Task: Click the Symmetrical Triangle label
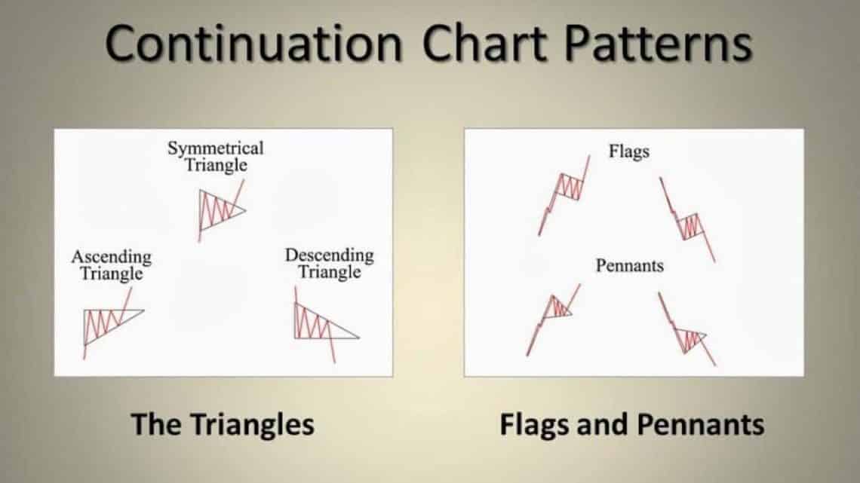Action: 216,156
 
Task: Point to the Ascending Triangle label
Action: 112,265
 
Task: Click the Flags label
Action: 628,151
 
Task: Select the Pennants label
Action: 628,266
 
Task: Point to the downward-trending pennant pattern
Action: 686,332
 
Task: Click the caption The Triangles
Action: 223,424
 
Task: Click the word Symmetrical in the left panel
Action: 216,148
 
